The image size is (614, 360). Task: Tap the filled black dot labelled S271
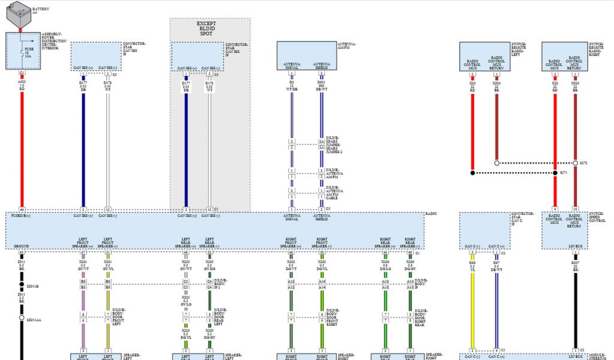[472, 173]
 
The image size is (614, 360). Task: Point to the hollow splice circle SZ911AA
[22, 318]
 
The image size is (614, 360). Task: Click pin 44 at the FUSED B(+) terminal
[22, 209]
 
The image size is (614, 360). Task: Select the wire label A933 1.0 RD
[22, 85]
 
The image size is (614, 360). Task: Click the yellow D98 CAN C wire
[472, 300]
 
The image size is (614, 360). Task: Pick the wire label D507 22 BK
[575, 266]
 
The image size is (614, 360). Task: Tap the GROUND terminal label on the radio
[21, 246]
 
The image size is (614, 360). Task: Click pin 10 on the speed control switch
[575, 209]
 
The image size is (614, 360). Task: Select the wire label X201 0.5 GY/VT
[83, 266]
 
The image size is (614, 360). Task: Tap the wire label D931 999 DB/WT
[322, 86]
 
